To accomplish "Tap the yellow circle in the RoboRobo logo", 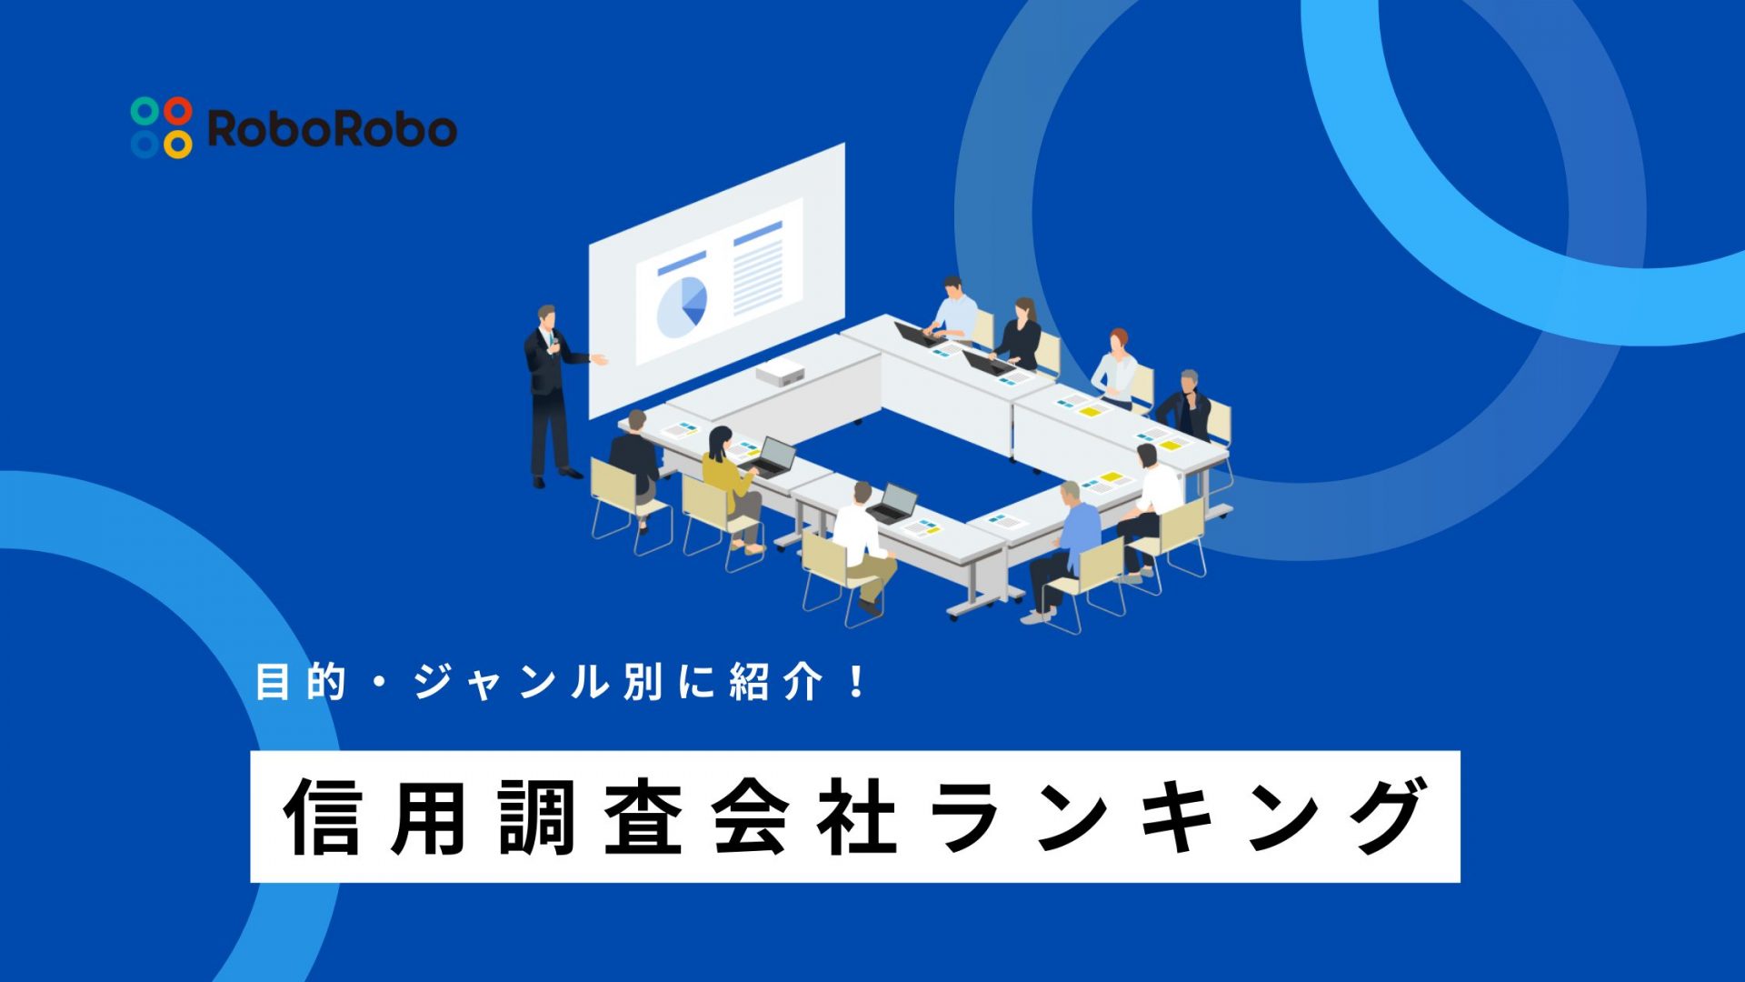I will (x=178, y=144).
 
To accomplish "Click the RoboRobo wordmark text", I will (x=332, y=128).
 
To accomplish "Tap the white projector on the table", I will (x=781, y=372).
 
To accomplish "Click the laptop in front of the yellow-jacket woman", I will (x=773, y=456).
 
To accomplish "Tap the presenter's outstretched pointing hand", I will (x=600, y=360).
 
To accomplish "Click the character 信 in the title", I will (x=323, y=817).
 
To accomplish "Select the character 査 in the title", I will (x=643, y=817).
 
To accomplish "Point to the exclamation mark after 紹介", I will (x=856, y=682).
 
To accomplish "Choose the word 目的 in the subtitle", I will (x=301, y=682).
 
